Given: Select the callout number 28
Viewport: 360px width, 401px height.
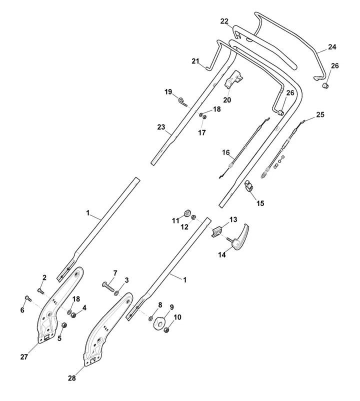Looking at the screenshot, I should tap(72, 378).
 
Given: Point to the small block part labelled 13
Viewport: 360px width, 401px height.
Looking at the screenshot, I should tap(217, 231).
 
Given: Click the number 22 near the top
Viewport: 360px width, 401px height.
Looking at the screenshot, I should tap(224, 21).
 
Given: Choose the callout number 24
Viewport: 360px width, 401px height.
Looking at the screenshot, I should tap(332, 47).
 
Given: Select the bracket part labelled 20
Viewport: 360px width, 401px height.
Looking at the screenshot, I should tap(236, 79).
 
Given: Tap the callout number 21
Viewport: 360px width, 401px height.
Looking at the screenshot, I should tap(195, 61).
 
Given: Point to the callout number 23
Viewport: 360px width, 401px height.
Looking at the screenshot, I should tap(161, 127).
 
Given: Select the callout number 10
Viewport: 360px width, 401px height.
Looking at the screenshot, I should tap(178, 317).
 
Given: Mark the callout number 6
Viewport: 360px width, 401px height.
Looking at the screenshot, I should tap(22, 310).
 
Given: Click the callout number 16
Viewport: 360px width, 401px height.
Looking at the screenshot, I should tap(225, 152).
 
